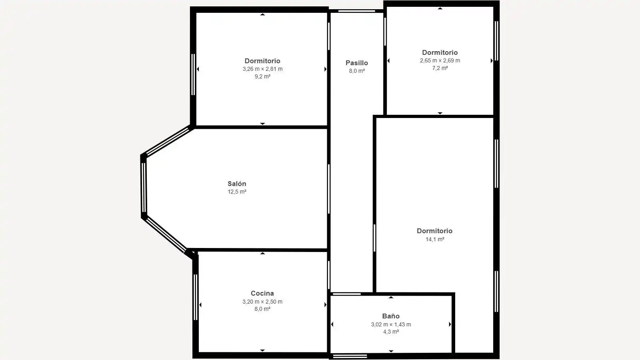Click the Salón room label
point(237,184)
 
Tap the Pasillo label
point(356,63)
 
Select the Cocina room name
point(262,293)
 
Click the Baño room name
point(391,316)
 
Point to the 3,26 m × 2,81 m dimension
point(262,69)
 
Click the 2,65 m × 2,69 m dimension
point(440,60)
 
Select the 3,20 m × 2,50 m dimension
point(262,302)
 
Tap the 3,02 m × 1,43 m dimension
point(391,324)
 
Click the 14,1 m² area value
point(435,240)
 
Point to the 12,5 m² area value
point(237,192)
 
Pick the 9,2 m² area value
point(262,76)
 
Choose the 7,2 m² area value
point(440,68)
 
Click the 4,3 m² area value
point(391,332)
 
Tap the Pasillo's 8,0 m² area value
point(357,71)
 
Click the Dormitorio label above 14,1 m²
point(434,231)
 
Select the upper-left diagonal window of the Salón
point(168,142)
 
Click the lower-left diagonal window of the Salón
point(166,234)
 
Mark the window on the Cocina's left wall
point(196,297)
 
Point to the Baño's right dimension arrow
point(450,324)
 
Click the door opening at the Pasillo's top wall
point(356,11)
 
